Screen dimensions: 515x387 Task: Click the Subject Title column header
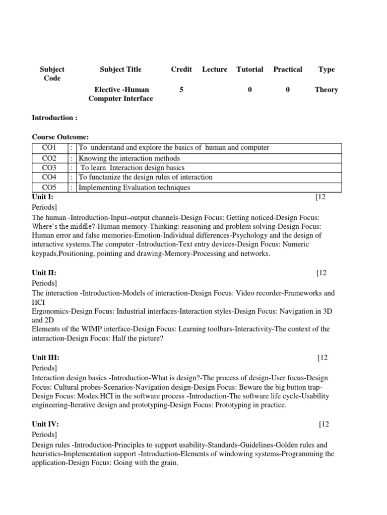[120, 69]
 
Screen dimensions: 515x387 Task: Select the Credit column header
[181, 69]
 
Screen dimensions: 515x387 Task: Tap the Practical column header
[288, 69]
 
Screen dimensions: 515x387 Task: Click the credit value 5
[181, 90]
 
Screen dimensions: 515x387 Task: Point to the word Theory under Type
[326, 90]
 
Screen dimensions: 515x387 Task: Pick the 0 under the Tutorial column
[250, 90]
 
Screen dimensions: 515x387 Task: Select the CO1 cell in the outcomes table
[50, 147]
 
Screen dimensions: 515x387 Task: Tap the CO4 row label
[50, 177]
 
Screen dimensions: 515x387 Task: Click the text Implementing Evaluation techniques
[135, 187]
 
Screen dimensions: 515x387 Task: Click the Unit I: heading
[42, 197]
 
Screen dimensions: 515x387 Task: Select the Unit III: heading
[45, 358]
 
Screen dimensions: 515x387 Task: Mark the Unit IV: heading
[45, 424]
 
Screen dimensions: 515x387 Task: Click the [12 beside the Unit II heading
[322, 273]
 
